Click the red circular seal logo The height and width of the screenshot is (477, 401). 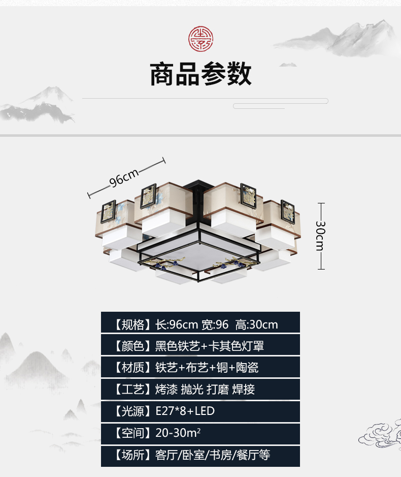(x=201, y=39)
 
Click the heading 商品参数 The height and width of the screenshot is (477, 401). (x=201, y=74)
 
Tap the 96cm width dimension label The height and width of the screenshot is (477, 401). (x=125, y=177)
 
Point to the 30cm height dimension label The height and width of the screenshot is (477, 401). (x=320, y=235)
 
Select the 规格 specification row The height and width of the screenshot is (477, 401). (x=200, y=324)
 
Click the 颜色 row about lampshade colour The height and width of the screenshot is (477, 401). (x=200, y=346)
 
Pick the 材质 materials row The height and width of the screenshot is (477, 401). (x=200, y=367)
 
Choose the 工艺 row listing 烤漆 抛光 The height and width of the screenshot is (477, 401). (x=200, y=389)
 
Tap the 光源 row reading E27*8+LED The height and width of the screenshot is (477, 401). (x=200, y=411)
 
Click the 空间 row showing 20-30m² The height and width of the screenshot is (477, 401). (x=200, y=433)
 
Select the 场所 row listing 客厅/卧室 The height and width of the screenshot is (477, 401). (x=200, y=455)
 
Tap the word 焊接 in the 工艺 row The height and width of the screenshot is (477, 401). (x=244, y=390)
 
